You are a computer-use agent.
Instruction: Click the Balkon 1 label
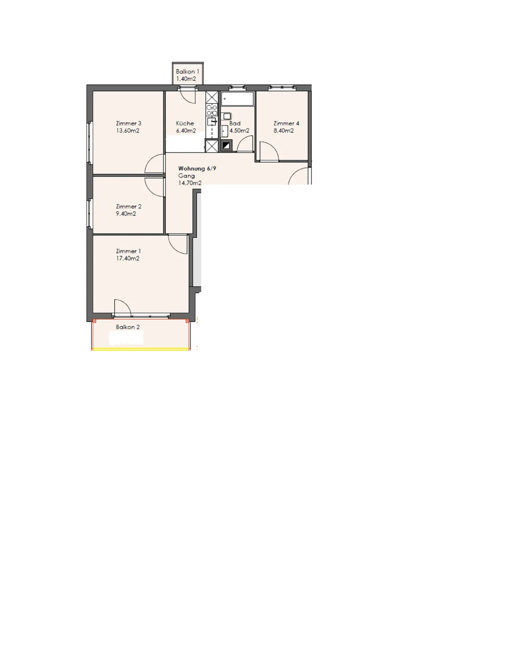tap(187, 72)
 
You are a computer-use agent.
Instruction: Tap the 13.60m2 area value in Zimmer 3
tap(127, 131)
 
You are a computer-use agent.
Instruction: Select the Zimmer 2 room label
tap(129, 207)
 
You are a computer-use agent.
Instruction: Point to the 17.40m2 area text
tap(127, 258)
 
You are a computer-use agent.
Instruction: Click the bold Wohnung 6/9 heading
tap(197, 168)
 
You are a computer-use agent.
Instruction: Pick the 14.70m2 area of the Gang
tap(190, 183)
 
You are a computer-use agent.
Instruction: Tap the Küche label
tap(185, 123)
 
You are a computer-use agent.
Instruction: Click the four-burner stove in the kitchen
tap(212, 110)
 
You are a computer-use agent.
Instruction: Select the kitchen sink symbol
tap(212, 121)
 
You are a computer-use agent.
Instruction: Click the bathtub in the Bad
tap(237, 99)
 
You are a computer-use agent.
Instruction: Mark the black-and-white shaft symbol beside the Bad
tap(226, 145)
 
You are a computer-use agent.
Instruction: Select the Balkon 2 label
tap(128, 327)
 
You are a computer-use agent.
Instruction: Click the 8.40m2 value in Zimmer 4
tap(284, 131)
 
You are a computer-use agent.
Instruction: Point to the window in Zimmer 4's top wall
tap(282, 88)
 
